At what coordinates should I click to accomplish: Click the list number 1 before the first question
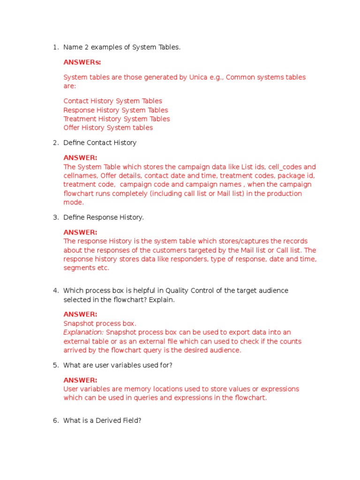click(x=55, y=47)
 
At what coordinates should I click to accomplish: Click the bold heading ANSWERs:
click(x=82, y=62)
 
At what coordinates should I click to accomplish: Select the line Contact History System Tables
click(x=112, y=101)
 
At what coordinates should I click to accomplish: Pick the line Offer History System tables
click(x=108, y=127)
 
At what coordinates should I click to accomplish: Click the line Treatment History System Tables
click(x=116, y=119)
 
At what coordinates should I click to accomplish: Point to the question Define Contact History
click(x=100, y=142)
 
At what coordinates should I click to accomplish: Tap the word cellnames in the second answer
click(x=80, y=176)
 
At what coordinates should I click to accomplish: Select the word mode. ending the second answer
click(x=74, y=202)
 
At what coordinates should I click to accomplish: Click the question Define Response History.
click(x=104, y=217)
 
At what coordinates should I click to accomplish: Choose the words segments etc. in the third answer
click(x=86, y=268)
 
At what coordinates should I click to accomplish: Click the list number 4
click(x=55, y=291)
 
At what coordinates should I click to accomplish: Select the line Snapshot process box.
click(x=100, y=323)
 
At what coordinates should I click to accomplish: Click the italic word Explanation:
click(x=83, y=332)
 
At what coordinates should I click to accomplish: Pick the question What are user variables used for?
click(x=118, y=365)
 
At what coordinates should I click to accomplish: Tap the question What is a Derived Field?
click(x=102, y=420)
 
